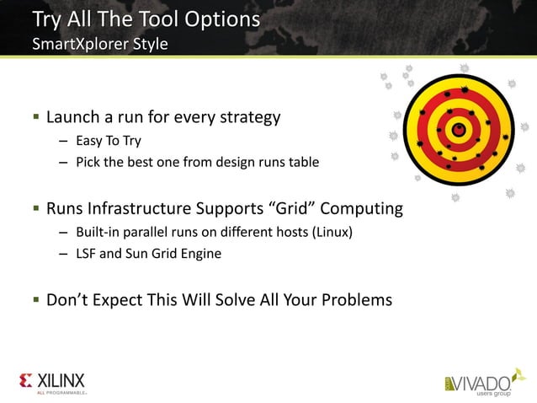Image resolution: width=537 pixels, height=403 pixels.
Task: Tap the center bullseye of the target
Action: [459, 129]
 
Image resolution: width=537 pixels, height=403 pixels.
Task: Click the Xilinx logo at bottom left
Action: [52, 381]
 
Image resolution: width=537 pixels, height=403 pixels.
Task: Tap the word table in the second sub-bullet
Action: [301, 162]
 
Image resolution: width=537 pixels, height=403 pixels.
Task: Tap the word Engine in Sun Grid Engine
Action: [201, 254]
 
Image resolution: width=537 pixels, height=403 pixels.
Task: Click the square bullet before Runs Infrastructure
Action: [36, 208]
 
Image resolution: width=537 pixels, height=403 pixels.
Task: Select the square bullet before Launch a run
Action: [36, 118]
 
